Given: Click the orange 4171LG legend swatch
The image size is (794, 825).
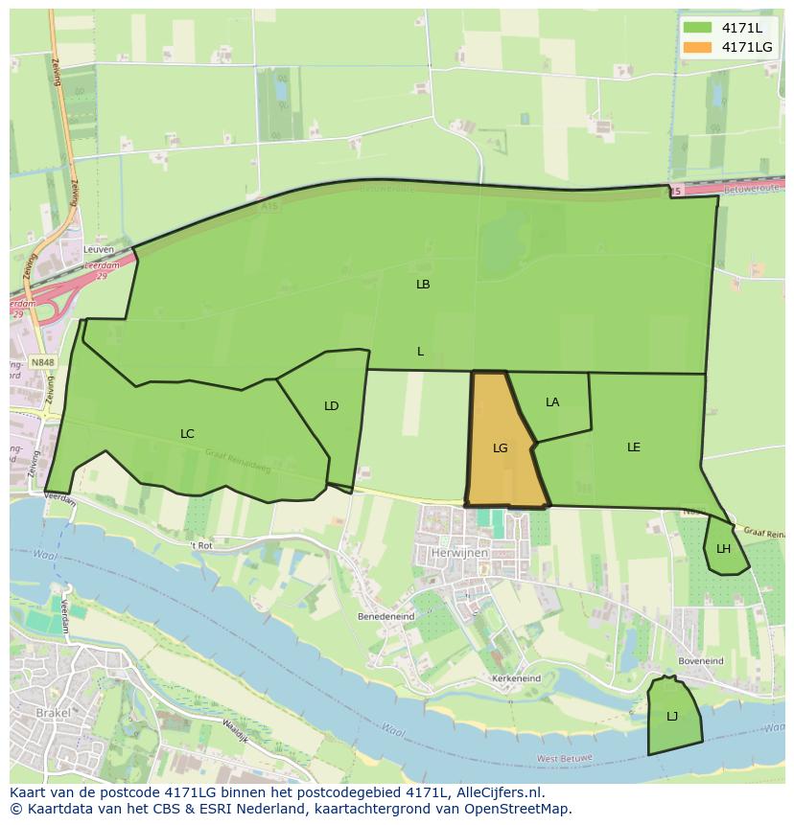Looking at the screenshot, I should coord(697,47).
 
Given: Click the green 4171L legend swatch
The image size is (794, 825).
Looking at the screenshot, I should coord(697,28).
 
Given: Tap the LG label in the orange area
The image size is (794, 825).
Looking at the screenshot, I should coord(500,447).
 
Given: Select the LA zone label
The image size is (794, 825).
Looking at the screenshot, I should coord(552,402).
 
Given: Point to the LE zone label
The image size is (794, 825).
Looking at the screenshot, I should coord(634,447).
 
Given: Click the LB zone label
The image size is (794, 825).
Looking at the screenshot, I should coord(423,285).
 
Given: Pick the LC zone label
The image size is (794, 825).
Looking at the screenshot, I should coord(187,434).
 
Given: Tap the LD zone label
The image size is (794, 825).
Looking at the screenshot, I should coord(331,406).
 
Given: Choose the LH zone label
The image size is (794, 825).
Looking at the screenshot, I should coord(723,549).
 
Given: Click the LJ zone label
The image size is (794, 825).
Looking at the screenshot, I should coord(672,717).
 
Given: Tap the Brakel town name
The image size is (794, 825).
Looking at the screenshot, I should coord(53,713).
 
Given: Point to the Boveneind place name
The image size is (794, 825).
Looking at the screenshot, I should coord(700,661).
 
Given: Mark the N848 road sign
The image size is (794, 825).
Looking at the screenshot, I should coord(42,363).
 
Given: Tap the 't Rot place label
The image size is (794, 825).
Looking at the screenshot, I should coord(199,545).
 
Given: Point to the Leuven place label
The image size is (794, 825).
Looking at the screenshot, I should coord(98,249).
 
